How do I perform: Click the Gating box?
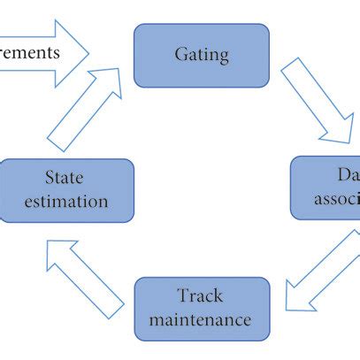point(201,55)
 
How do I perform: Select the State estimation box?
point(67,189)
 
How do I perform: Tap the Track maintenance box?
point(201,309)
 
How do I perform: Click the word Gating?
point(201,55)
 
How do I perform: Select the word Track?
point(201,296)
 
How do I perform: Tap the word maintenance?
point(201,319)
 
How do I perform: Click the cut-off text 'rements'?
point(30,52)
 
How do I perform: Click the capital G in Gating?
point(180,55)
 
